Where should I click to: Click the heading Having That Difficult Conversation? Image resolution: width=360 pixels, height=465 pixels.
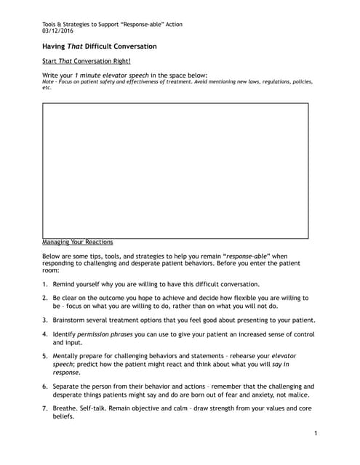coord(100,46)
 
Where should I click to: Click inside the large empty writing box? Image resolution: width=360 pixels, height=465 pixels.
coord(175,171)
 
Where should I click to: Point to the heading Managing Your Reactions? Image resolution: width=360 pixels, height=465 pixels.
coord(78,242)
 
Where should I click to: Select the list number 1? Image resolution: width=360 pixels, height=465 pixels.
coord(45,284)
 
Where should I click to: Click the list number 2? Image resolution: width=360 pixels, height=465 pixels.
coord(45,298)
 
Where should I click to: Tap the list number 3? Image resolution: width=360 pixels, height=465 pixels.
coord(45,320)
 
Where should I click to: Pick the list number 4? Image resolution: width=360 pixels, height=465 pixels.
coord(45,334)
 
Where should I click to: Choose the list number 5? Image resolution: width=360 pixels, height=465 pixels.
coord(45,356)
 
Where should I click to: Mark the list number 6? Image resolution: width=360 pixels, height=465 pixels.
coord(45,386)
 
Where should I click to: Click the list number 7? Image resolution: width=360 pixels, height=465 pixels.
coord(45,408)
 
